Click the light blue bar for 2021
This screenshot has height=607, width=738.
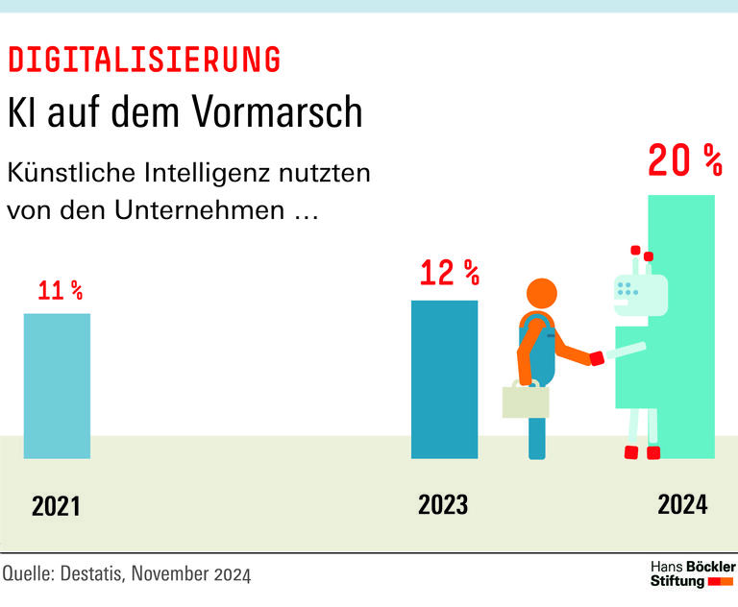[57, 385]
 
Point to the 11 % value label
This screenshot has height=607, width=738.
[60, 290]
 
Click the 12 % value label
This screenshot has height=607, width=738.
[449, 274]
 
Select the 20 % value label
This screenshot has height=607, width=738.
[684, 161]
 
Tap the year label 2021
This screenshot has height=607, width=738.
[57, 506]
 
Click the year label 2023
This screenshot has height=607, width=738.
[443, 504]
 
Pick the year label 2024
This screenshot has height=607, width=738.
[682, 504]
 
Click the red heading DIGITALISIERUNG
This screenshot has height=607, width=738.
[144, 60]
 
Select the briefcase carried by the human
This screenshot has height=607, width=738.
[526, 401]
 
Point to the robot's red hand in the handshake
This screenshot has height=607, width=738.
[597, 358]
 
